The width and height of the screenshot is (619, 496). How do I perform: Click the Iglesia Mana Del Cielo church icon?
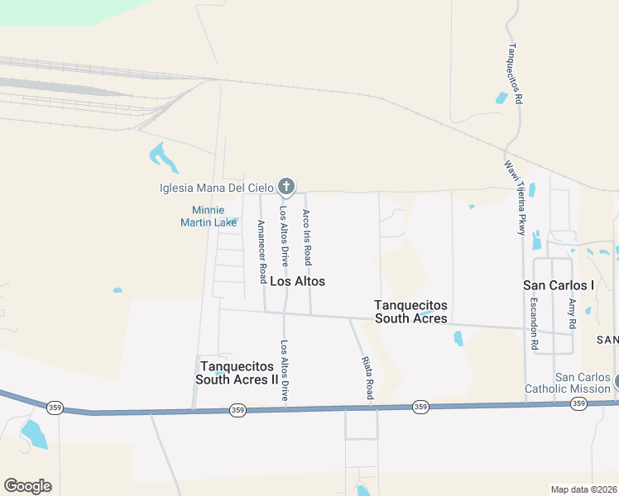click(x=286, y=186)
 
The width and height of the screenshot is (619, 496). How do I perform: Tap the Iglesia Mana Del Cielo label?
click(x=218, y=188)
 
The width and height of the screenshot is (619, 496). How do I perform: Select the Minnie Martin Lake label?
click(x=209, y=216)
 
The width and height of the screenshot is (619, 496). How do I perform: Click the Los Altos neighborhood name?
click(x=297, y=281)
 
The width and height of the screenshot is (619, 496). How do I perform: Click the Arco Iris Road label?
click(x=306, y=237)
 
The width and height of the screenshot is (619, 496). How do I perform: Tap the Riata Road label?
click(x=368, y=378)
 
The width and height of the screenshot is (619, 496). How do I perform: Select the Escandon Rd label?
click(x=534, y=322)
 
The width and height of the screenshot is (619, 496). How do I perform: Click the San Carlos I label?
click(x=559, y=284)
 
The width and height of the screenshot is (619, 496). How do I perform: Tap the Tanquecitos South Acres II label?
click(x=237, y=373)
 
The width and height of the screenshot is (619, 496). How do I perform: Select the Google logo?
click(x=27, y=486)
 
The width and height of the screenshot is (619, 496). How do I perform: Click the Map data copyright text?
click(x=584, y=489)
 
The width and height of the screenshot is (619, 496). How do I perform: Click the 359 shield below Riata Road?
click(x=420, y=406)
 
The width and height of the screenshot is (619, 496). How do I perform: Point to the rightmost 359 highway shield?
click(x=578, y=403)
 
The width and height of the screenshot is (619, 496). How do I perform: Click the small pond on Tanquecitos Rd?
click(x=501, y=98)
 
